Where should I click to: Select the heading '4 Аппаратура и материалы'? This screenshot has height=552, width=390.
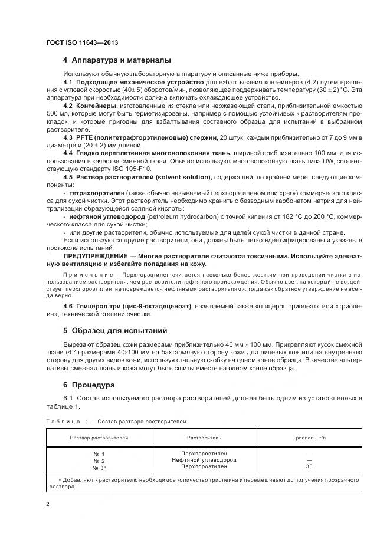coord(117,60)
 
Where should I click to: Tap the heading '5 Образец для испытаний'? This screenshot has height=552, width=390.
coord(115,330)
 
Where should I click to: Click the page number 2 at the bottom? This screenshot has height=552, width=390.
coord(48,504)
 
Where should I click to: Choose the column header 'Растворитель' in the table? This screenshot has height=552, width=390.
coord(204,438)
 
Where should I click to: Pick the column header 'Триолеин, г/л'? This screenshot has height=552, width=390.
coord(309,438)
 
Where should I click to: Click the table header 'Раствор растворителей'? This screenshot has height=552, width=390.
coord(99,438)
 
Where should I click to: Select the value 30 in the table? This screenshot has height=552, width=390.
coord(309,467)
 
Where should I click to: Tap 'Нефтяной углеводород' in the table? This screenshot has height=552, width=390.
coord(204,460)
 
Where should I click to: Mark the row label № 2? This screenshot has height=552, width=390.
coord(99,460)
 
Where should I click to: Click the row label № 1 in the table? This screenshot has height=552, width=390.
coord(99,453)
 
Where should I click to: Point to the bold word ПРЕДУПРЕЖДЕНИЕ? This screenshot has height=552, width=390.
coord(97,257)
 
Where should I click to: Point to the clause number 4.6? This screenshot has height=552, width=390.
coord(68,306)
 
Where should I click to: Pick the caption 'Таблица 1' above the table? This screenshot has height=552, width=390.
coord(66,422)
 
